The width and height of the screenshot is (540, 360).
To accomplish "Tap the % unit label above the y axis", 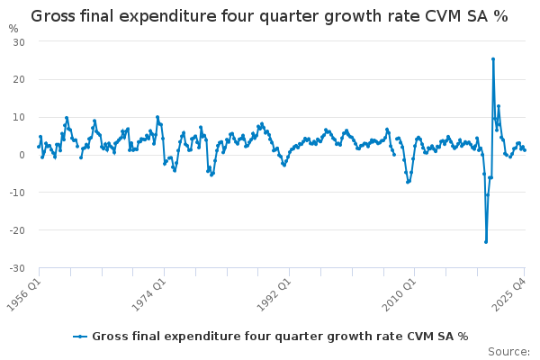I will click(x=13, y=28).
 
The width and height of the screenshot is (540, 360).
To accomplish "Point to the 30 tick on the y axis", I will click(x=19, y=42).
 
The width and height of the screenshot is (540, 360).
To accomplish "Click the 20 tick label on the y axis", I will click(x=19, y=80).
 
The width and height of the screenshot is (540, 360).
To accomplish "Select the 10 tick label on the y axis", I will click(x=19, y=118).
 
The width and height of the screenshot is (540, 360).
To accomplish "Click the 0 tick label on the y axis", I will click(x=22, y=155).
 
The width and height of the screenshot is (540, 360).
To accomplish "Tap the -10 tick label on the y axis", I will click(x=17, y=193).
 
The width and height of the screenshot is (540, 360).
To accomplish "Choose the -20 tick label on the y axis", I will click(x=17, y=230).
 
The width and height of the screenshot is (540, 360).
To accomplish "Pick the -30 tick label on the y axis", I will click(x=17, y=268).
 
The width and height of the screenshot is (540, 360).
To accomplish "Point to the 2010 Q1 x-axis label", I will click(x=398, y=292).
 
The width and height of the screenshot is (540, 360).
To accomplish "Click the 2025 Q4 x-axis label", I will click(x=512, y=292).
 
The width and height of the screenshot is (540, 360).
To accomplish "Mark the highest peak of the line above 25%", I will click(x=493, y=58).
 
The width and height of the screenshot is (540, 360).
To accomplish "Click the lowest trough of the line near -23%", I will click(x=486, y=241).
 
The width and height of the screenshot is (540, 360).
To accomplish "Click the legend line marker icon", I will click(x=80, y=336).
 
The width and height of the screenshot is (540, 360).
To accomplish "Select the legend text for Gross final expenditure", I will click(x=280, y=336).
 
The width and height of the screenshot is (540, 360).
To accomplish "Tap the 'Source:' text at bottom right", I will click(x=509, y=351).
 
